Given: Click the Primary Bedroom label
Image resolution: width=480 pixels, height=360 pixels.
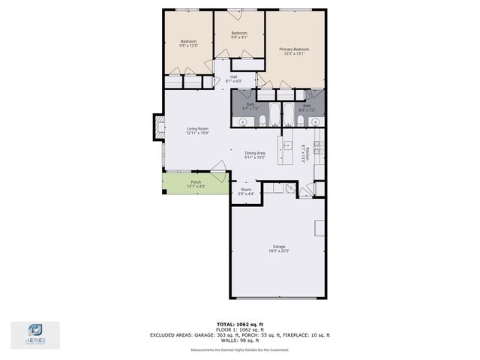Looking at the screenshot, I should pyautogui.click(x=294, y=51).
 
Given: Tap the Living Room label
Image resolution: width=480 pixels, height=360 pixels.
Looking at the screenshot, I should pyautogui.click(x=197, y=130).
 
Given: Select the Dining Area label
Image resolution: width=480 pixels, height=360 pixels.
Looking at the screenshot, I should pyautogui.click(x=255, y=155).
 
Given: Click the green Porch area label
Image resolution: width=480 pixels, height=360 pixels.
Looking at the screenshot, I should pyautogui.click(x=195, y=184).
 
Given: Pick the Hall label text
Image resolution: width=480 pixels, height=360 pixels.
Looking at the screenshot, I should pyautogui.click(x=233, y=78).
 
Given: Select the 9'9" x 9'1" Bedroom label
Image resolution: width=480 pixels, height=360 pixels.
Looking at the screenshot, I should pyautogui.click(x=239, y=35).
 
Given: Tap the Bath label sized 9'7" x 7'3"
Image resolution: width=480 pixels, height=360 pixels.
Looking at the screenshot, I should pyautogui.click(x=250, y=106).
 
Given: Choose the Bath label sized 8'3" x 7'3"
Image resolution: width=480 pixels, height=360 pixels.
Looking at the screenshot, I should pyautogui.click(x=307, y=107).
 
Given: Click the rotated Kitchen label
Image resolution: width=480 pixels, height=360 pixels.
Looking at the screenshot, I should pyautogui.click(x=304, y=153).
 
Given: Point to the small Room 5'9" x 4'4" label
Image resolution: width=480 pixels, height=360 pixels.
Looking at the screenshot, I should pyautogui.click(x=246, y=191).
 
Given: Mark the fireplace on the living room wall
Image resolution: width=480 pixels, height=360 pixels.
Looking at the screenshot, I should pyautogui.click(x=158, y=127).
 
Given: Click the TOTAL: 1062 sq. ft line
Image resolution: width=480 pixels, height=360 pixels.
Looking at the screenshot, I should pyautogui.click(x=239, y=322).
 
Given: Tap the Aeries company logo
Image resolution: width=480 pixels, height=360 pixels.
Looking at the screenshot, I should pyautogui.click(x=35, y=334).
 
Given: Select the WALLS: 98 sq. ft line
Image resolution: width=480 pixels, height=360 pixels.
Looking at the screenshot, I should pyautogui.click(x=239, y=340).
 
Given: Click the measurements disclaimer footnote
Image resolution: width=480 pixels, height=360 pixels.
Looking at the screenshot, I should pyautogui.click(x=239, y=349).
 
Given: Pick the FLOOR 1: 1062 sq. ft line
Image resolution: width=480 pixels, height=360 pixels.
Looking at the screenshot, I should pyautogui.click(x=239, y=329).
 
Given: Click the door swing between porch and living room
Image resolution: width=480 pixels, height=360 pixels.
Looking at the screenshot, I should pyautogui.click(x=218, y=177).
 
